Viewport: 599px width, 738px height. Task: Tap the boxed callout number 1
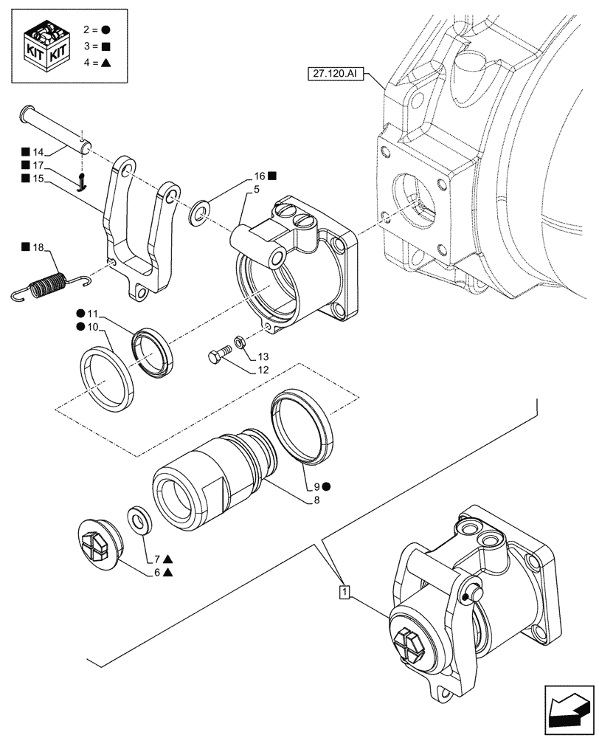[344, 590]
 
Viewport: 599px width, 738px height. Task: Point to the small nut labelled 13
[240, 341]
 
